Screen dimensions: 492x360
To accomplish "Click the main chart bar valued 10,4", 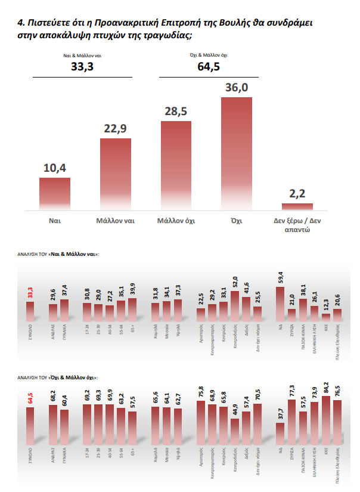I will pyautogui.click(x=55, y=194).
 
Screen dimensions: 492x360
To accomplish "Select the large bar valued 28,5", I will pyautogui.click(x=176, y=165).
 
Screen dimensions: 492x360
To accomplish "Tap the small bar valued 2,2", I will pyautogui.click(x=297, y=207).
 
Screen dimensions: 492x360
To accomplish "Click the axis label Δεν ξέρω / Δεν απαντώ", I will pyautogui.click(x=297, y=224).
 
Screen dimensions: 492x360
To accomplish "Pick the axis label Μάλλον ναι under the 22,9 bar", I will pyautogui.click(x=115, y=220).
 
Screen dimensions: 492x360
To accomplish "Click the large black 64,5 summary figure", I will pyautogui.click(x=209, y=66).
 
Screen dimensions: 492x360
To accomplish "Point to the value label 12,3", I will pyautogui.click(x=326, y=305).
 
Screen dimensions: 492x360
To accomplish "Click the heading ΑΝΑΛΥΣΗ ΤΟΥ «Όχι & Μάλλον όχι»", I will pyautogui.click(x=58, y=377).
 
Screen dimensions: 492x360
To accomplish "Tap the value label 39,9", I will pyautogui.click(x=132, y=289).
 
